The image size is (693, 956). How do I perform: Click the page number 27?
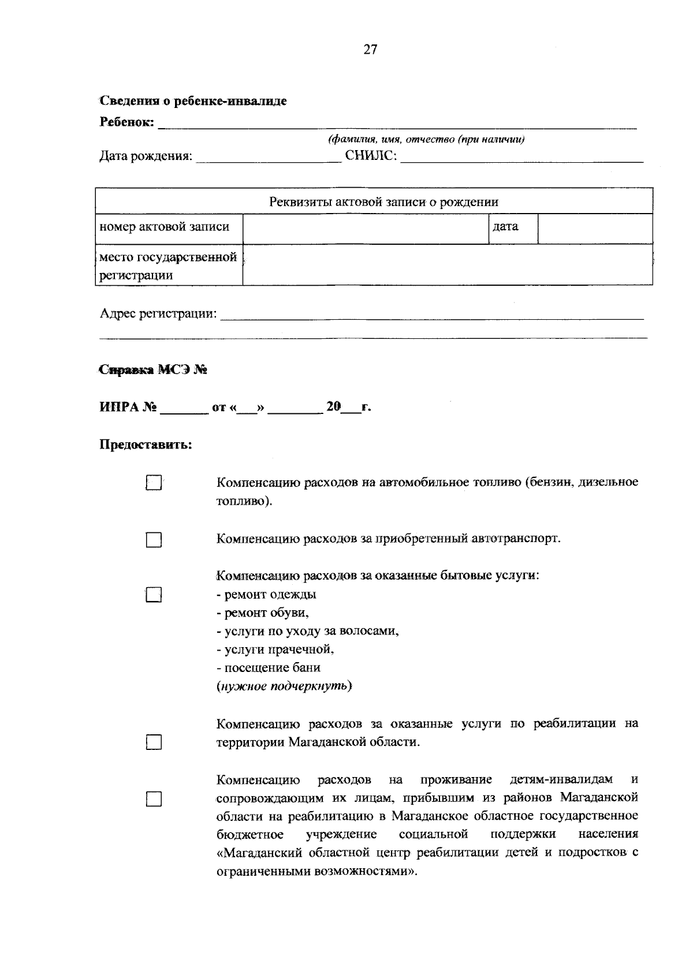click(370, 50)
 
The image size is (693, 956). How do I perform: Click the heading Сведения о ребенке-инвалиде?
click(193, 102)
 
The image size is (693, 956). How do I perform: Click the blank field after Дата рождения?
click(268, 157)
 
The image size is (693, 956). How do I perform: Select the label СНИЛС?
click(371, 156)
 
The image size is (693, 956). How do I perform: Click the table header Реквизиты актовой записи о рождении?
click(383, 202)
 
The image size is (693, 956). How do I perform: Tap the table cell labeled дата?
click(505, 227)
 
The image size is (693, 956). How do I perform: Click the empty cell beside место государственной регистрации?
click(447, 265)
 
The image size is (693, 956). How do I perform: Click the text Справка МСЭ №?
click(154, 370)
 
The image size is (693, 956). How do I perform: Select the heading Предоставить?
click(146, 445)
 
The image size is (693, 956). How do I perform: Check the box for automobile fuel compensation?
click(153, 483)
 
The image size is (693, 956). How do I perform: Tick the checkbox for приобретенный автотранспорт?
click(153, 540)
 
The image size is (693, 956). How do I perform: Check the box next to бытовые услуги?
click(153, 595)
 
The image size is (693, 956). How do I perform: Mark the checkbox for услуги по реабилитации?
click(153, 742)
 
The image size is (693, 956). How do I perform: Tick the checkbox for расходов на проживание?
click(153, 799)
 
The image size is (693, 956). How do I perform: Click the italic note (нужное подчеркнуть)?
click(284, 686)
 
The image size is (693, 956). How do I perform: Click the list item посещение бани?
click(269, 668)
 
